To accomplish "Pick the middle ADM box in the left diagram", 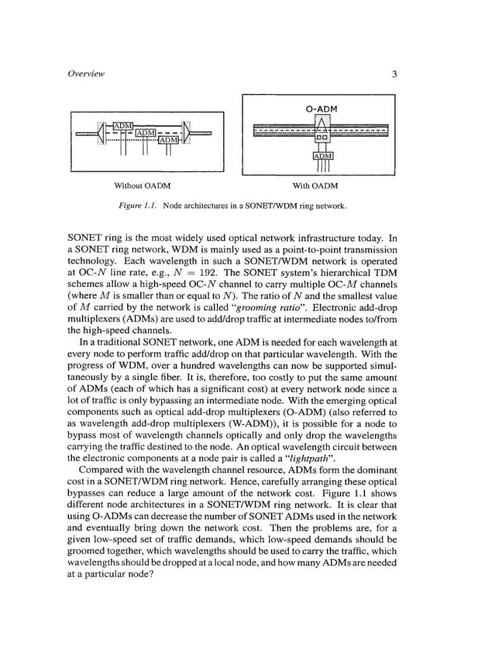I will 146,132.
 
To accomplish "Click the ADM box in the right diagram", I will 323,156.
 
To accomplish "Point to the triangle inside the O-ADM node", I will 322,124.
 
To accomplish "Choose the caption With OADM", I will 315,186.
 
